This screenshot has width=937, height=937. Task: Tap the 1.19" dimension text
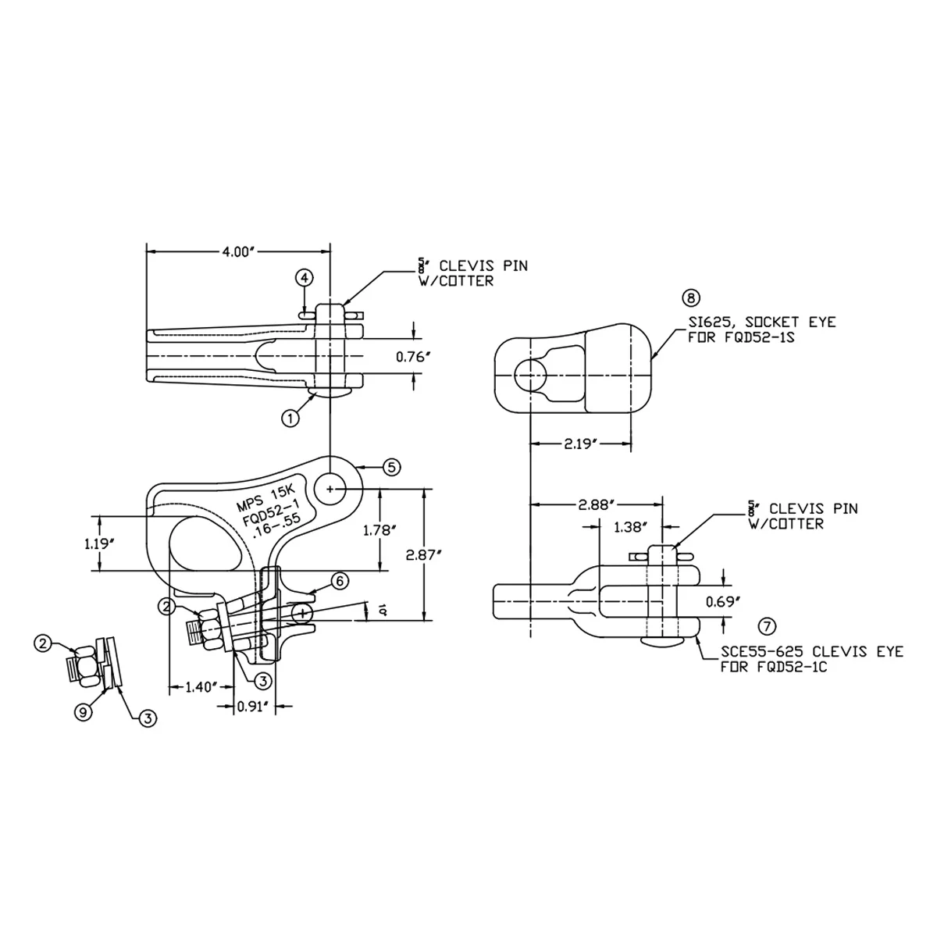click(99, 543)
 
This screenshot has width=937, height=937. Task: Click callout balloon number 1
click(290, 419)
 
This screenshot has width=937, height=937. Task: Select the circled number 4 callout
click(305, 278)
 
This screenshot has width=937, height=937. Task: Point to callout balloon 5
click(391, 467)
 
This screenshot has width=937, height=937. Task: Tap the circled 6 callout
click(338, 580)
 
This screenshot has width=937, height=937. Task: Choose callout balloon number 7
click(768, 625)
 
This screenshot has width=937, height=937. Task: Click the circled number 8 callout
click(691, 297)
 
